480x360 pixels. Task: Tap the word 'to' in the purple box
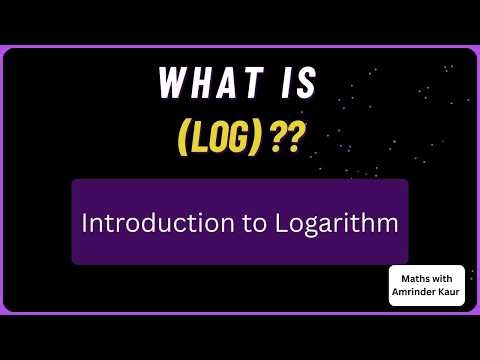pyautogui.click(x=226, y=222)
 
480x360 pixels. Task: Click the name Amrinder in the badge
pyautogui.click(x=415, y=291)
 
